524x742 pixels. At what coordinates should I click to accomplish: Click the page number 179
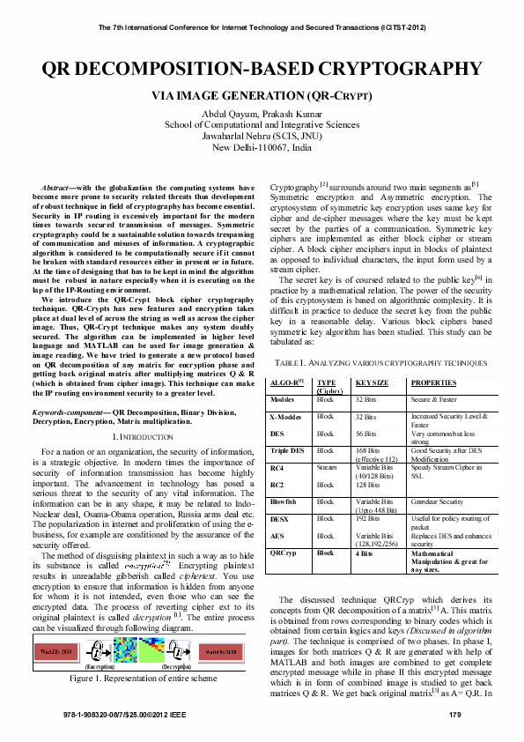(455, 714)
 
